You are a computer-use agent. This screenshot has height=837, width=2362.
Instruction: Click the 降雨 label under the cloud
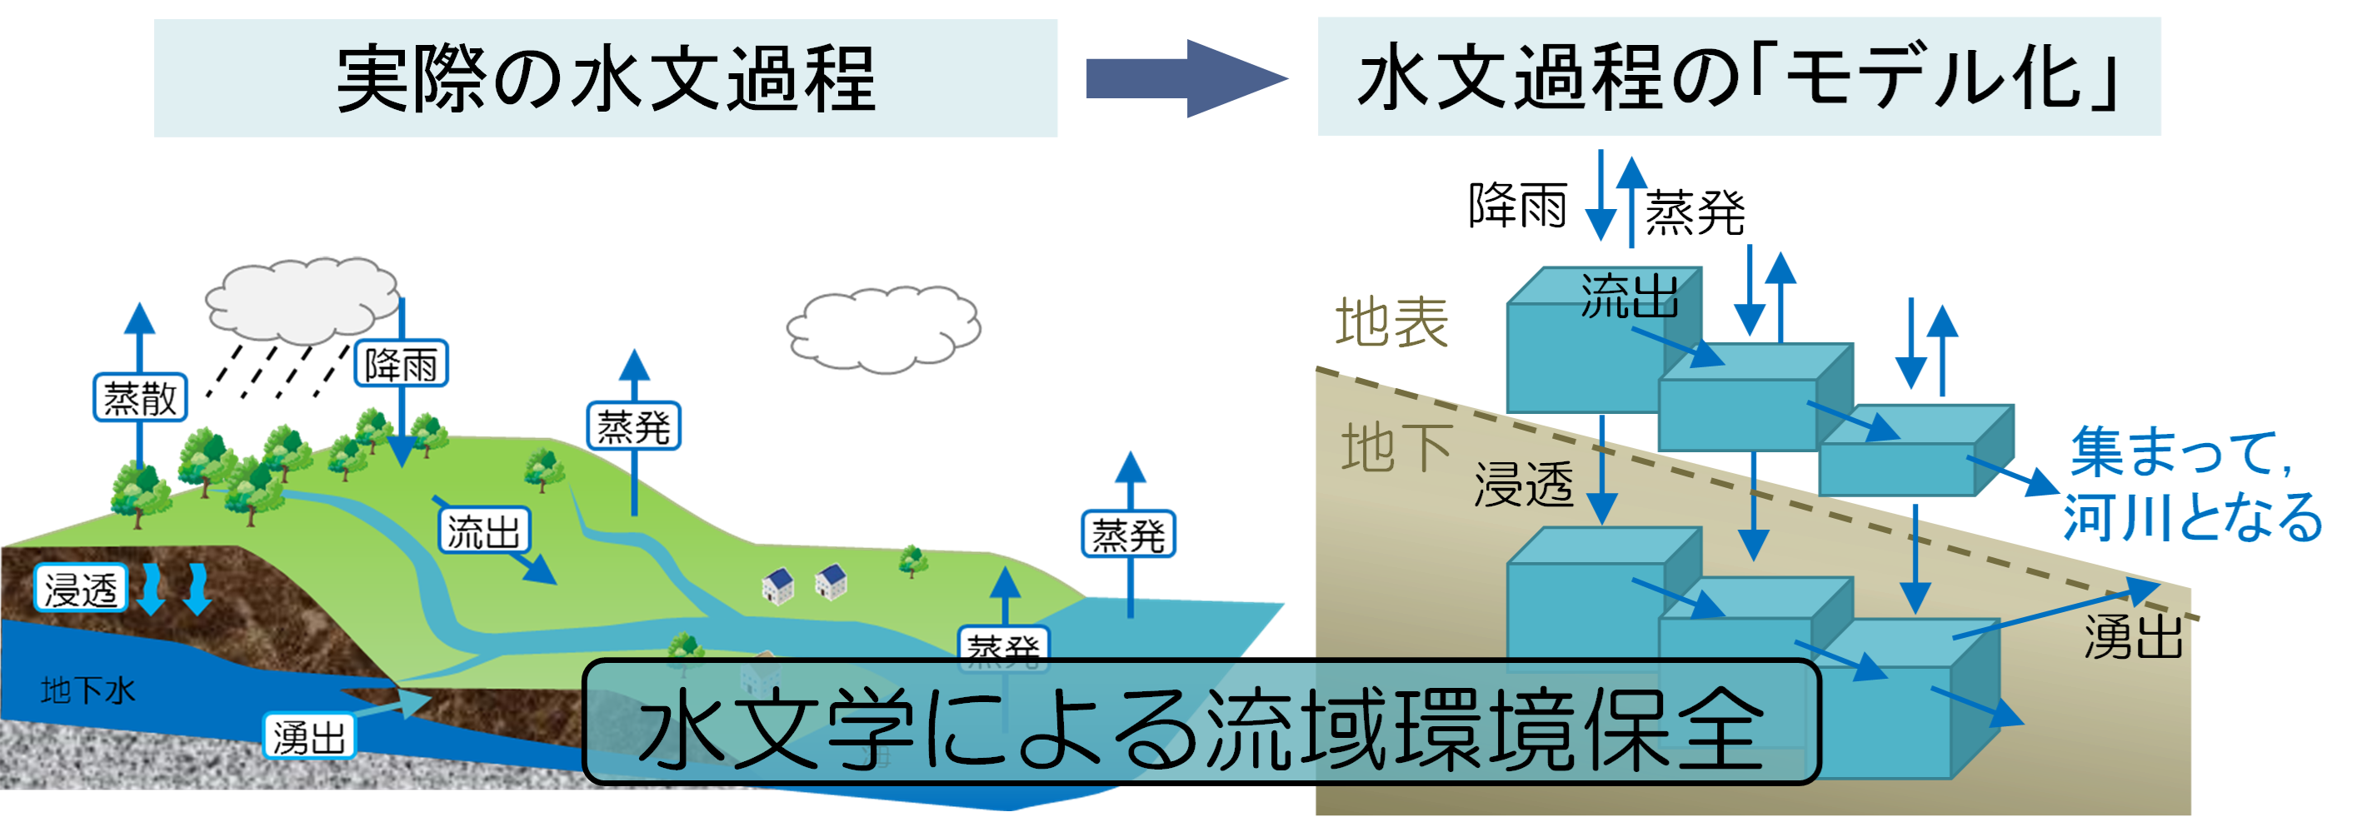click(x=402, y=364)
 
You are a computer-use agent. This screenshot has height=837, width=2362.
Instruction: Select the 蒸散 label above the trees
click(x=139, y=398)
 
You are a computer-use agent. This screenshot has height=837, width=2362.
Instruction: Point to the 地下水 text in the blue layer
click(x=88, y=690)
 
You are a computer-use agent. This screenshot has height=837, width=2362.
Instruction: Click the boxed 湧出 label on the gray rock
click(x=309, y=736)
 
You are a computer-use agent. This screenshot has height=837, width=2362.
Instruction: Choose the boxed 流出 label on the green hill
click(x=483, y=531)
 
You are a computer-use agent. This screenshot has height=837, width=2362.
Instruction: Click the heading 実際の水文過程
click(x=605, y=79)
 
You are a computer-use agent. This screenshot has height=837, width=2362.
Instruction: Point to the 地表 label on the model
click(x=1391, y=322)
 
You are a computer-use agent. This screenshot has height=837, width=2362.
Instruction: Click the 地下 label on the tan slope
click(x=1396, y=447)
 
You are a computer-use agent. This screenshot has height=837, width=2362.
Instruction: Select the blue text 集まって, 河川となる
click(x=2191, y=484)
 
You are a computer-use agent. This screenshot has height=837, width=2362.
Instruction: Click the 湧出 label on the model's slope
click(x=2133, y=636)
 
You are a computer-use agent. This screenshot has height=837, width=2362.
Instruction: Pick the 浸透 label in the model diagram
click(x=1523, y=483)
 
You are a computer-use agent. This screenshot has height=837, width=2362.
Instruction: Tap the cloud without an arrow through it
click(x=883, y=330)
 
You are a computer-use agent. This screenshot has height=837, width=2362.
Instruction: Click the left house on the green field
click(x=777, y=584)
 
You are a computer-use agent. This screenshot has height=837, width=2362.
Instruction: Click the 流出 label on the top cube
click(x=1629, y=297)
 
